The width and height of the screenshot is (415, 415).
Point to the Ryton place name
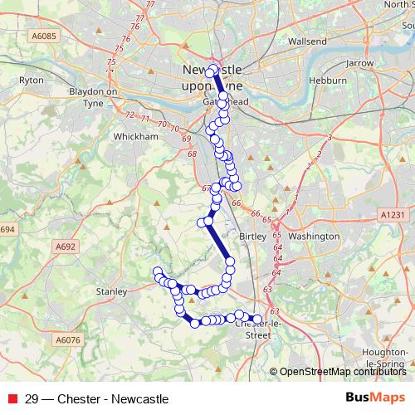[x=31, y=81]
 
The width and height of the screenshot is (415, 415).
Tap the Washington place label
[x=315, y=236]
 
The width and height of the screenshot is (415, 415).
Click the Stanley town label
[x=111, y=291]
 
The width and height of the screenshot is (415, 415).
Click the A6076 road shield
[x=67, y=339]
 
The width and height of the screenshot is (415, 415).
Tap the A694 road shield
[x=7, y=229]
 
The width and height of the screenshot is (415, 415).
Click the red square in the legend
[x=11, y=398]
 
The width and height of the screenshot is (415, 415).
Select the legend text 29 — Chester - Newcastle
[x=91, y=398]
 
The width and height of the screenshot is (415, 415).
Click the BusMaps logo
[x=376, y=398]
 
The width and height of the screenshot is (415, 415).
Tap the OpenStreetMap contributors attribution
[x=342, y=371]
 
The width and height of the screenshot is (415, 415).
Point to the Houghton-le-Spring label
[x=389, y=358]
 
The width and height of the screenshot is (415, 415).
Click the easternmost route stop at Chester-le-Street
[x=256, y=320]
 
